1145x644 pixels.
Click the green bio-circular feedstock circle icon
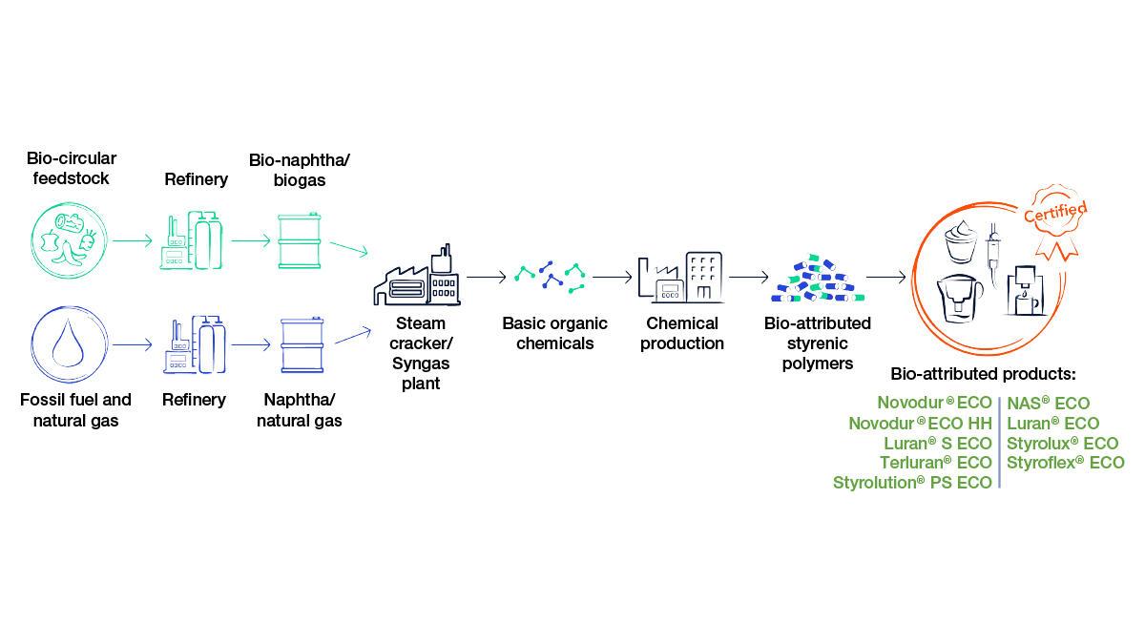point(64,240)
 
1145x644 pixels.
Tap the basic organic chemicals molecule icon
point(550,277)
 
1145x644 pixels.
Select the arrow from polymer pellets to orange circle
point(886,278)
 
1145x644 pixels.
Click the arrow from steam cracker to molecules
point(487,278)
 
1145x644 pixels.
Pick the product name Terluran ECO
point(935,463)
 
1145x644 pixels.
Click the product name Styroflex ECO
point(1065,463)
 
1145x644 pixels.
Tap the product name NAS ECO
point(1048,404)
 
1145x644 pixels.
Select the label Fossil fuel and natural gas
point(75,409)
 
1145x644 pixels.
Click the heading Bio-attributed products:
point(983,373)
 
